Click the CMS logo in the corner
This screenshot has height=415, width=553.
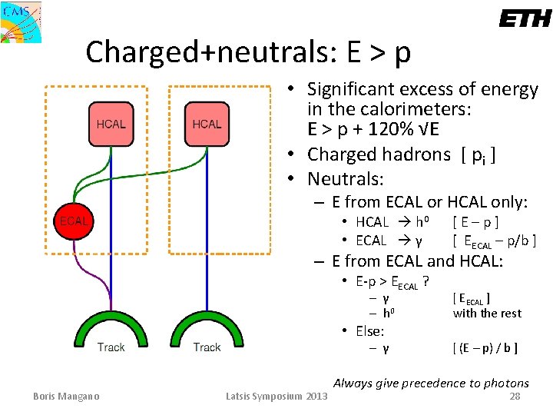pyautogui.click(x=21, y=22)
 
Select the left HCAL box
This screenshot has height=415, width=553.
pyautogui.click(x=111, y=124)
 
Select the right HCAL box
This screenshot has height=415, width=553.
pyautogui.click(x=207, y=124)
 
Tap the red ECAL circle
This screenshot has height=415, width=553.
pyautogui.click(x=75, y=221)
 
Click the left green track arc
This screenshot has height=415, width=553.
pyautogui.click(x=111, y=322)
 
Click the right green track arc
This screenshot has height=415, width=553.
pyautogui.click(x=207, y=322)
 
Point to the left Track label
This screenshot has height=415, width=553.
pyautogui.click(x=111, y=347)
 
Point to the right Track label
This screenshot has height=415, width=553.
pyautogui.click(x=207, y=347)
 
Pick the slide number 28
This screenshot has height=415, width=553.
pyautogui.click(x=515, y=397)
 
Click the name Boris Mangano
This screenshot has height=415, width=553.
pyautogui.click(x=68, y=397)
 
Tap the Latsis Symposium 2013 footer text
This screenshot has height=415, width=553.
pyautogui.click(x=276, y=397)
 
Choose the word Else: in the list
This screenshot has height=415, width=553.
pyautogui.click(x=369, y=331)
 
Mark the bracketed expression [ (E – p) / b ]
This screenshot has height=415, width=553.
pyautogui.click(x=485, y=348)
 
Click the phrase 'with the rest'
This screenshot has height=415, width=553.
pyautogui.click(x=487, y=313)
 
